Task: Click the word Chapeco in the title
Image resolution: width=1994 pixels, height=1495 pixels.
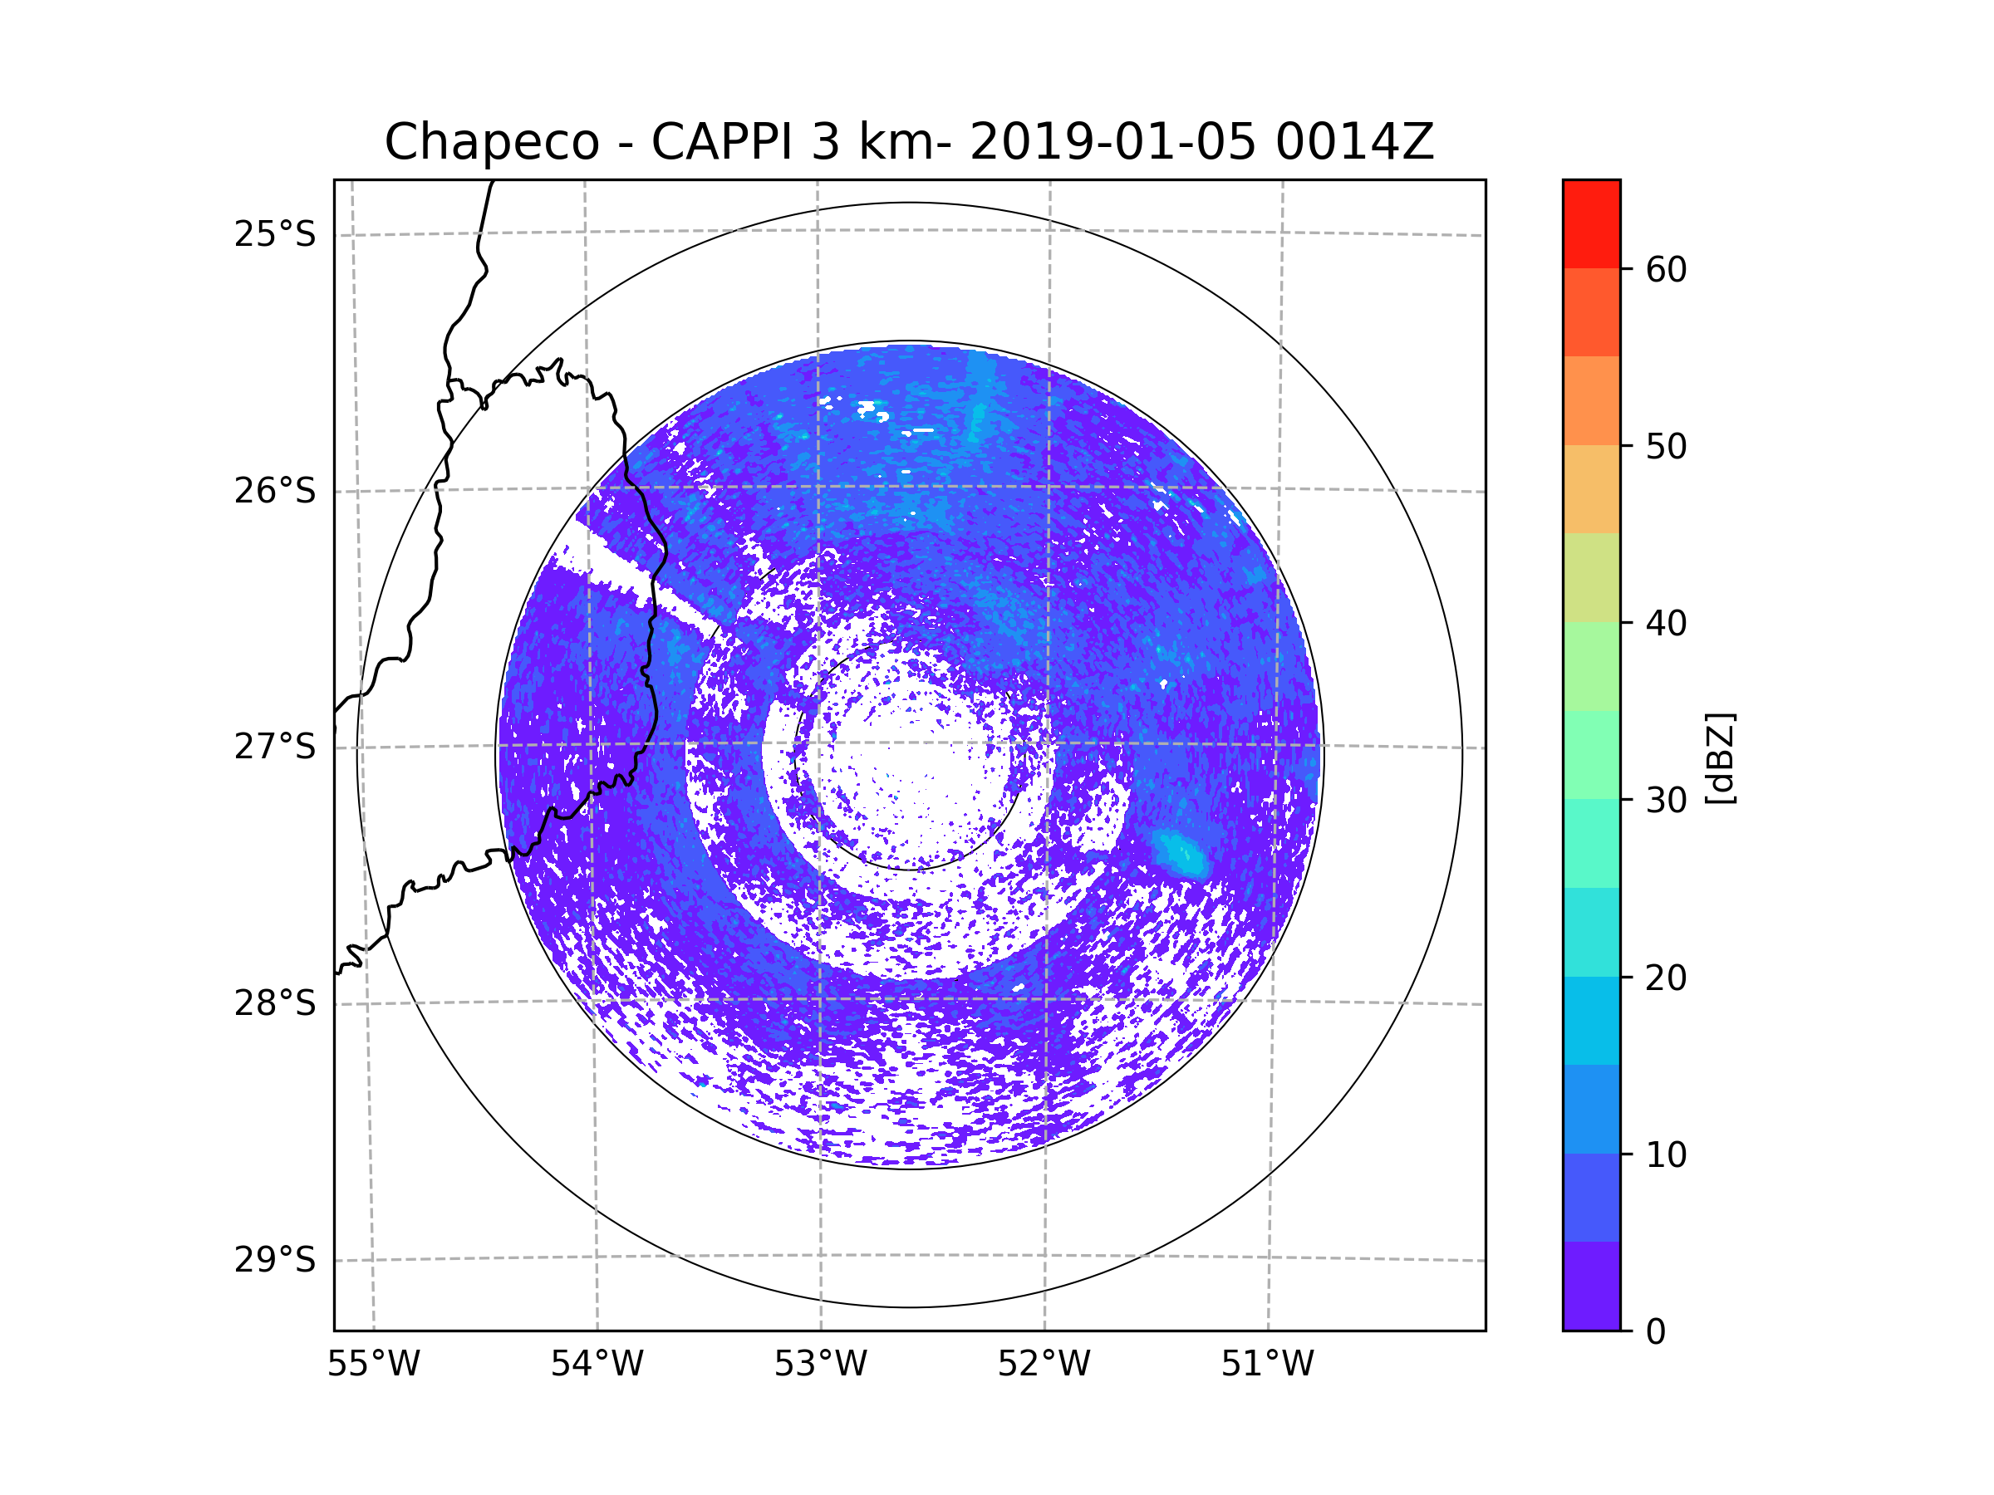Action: point(491,142)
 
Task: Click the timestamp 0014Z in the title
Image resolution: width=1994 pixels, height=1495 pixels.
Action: point(1354,142)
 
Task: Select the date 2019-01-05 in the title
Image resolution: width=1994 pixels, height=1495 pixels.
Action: point(1112,142)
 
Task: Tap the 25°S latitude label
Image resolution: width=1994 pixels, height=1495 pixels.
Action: point(275,234)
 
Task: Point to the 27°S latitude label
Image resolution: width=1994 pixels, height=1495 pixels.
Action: point(275,747)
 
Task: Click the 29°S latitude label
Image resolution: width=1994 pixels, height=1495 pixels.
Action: point(275,1260)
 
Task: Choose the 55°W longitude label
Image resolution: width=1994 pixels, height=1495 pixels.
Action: point(373,1365)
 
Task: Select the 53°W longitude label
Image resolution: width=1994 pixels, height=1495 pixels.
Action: point(820,1365)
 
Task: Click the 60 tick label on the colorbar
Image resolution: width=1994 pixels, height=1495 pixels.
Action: point(1666,269)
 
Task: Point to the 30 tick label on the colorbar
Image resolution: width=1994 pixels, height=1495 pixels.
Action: point(1666,800)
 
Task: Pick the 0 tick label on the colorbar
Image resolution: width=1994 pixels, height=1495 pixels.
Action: point(1656,1332)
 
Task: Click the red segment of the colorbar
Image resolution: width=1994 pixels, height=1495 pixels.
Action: point(1591,223)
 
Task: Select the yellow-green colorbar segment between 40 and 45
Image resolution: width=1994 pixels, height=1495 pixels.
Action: point(1591,577)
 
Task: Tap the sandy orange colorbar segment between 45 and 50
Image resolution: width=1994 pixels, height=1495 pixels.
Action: point(1591,489)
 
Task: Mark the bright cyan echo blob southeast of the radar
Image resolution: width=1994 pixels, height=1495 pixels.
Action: point(1180,852)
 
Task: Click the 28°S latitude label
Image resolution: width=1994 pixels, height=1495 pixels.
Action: point(275,1003)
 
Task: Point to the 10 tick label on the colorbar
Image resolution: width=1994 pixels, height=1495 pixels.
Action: point(1666,1154)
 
